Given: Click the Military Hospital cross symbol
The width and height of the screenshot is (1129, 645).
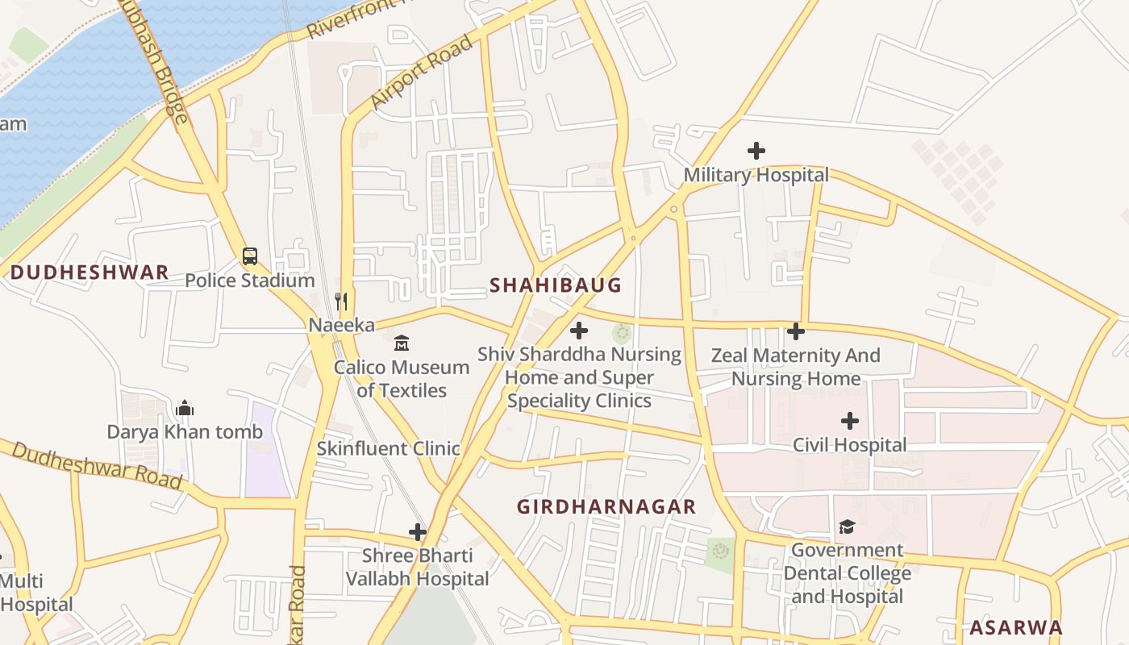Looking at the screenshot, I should [756, 151].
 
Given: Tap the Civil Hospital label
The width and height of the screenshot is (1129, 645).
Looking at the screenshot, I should [849, 445].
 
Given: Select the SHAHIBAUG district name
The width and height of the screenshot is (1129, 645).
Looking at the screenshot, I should [556, 285].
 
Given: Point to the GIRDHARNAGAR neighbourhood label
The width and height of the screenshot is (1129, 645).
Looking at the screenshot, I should [606, 506].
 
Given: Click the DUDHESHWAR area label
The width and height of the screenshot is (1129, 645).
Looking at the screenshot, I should [90, 273].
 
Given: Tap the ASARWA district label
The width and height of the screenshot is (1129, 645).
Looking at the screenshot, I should [1015, 627].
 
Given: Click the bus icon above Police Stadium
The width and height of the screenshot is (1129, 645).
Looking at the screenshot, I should [250, 256].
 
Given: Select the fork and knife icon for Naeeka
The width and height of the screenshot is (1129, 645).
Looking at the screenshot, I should [341, 302].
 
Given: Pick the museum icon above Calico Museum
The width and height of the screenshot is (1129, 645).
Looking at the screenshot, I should [401, 343].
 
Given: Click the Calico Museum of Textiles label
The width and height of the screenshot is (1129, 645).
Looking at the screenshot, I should [402, 379].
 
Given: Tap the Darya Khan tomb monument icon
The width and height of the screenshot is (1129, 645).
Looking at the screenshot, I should [185, 408].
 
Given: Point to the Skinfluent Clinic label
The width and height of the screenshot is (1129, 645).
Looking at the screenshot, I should [388, 449].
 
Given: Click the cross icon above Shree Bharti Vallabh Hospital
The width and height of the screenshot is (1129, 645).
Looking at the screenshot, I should [417, 532].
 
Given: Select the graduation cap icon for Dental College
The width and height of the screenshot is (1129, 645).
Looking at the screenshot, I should [847, 526].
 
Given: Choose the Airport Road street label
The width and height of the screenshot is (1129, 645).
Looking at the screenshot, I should [421, 73].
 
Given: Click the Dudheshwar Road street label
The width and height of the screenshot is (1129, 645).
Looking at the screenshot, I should [97, 465].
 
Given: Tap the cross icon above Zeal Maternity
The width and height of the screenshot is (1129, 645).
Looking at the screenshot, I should [796, 331].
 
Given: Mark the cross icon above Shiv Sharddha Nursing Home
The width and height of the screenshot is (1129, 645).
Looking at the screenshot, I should [579, 330].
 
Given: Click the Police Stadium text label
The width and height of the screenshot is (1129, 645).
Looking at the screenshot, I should [249, 281].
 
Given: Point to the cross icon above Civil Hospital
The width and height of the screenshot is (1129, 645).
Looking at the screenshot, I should [849, 421].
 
